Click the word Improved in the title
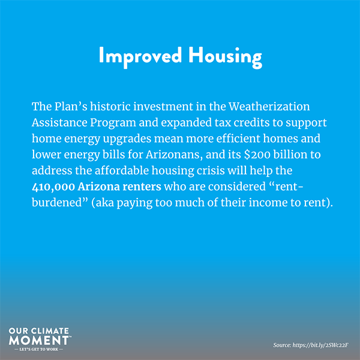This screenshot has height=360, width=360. (140, 57)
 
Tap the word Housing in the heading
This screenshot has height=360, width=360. (225, 57)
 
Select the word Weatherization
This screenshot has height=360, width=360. (269, 107)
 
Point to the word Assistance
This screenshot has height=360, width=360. (59, 122)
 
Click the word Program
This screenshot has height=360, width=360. (113, 123)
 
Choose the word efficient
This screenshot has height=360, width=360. (238, 139)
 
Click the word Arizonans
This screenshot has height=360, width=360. (175, 155)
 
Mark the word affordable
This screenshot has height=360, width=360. (122, 170)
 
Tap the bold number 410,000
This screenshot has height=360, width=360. (53, 187)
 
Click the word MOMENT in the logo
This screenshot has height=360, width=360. (39, 340)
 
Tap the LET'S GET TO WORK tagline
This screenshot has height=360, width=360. (38, 349)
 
